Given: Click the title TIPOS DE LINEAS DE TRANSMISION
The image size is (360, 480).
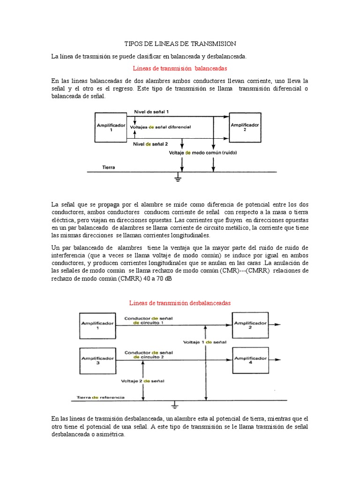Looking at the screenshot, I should click(180, 44).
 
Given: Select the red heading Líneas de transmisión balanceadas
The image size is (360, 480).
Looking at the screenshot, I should click(174, 68).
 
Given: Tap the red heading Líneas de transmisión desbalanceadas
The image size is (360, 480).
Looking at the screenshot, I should click(180, 303).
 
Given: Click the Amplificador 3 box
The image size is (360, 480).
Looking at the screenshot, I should click(98, 360).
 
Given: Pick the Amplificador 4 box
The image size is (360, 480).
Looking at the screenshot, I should click(250, 360).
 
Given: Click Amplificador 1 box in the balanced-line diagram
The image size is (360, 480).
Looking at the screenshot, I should click(111, 127).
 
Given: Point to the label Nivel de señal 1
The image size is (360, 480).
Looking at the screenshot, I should click(151, 112).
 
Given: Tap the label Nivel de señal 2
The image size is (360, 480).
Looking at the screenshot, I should click(150, 144).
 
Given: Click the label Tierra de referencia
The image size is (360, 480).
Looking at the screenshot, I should click(101, 397).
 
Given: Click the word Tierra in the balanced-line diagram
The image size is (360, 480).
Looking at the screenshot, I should click(109, 167).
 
